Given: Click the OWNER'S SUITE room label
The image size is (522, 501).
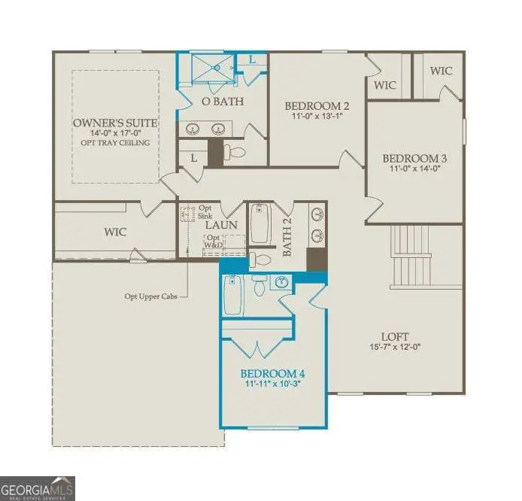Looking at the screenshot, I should point(115,123).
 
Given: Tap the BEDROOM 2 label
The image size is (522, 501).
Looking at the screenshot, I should point(316,105).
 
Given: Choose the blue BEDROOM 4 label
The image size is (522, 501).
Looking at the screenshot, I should point(272,373).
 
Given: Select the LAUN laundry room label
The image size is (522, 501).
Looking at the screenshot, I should point(222,224).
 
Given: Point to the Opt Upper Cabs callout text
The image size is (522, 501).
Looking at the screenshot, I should point(153,296).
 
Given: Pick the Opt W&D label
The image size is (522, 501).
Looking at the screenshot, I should point(215,241).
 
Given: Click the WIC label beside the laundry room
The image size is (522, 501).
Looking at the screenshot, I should point(115,232).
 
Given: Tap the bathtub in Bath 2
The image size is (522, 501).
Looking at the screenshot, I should point(261,224).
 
